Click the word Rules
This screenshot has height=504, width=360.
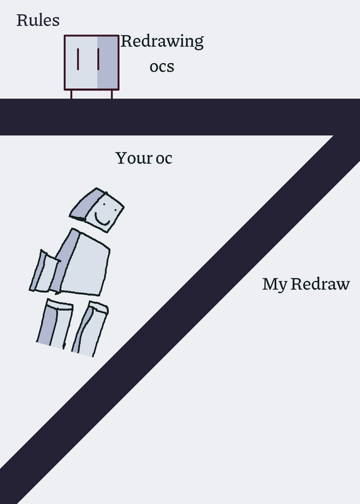tap(38, 20)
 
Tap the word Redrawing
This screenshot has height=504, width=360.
tap(162, 42)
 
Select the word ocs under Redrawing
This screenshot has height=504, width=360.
tap(162, 67)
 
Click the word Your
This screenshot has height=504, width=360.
tap(134, 158)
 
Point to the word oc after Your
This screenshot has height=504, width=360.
tap(164, 159)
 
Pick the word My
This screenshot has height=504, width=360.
tap(274, 285)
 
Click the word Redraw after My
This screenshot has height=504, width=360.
tap(320, 284)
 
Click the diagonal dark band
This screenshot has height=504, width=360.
tap(180, 318)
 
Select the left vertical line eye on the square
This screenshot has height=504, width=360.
tap(78, 59)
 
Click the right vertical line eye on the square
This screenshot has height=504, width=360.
tap(98, 59)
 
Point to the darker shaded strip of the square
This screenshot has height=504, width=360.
tap(108, 62)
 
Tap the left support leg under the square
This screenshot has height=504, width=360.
tap(71, 94)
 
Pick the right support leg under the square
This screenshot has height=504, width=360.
tap(112, 94)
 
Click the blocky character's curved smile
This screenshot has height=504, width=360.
tap(102, 220)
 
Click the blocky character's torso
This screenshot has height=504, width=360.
tap(84, 263)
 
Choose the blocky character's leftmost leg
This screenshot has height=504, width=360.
tap(55, 324)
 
